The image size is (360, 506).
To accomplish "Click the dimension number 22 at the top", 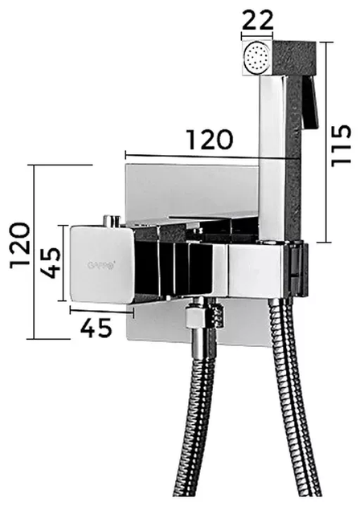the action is [257, 21].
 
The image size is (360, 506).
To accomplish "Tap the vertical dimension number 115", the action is [341, 145].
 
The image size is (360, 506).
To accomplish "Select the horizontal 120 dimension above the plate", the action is [210, 140].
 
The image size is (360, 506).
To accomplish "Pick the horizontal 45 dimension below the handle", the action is [96, 328].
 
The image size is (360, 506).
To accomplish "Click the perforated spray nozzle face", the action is [257, 59].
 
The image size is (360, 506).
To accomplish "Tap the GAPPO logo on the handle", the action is [101, 265].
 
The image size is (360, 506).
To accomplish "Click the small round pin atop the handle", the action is [111, 221].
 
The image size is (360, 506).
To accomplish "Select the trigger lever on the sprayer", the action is [311, 102].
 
